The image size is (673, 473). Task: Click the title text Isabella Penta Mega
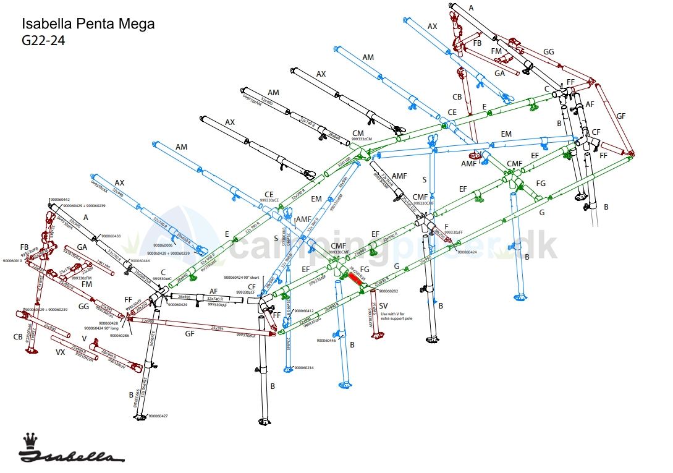point(88,24)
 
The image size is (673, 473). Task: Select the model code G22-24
point(44,41)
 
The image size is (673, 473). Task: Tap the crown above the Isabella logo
point(30,441)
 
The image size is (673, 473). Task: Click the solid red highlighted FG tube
point(355,279)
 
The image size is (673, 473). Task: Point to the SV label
point(383,306)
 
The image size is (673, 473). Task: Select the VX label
point(61,352)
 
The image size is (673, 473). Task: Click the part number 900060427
point(158,416)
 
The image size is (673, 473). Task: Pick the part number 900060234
point(304,368)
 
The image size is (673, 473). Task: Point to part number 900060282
point(388,291)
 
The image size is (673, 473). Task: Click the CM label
point(358,134)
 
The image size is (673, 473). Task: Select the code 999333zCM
point(362,140)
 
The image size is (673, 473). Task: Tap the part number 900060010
point(12,261)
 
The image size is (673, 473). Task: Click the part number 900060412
point(304,310)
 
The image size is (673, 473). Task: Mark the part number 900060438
point(111,236)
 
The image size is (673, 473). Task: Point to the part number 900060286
point(119,335)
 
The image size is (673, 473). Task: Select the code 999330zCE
point(269,200)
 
